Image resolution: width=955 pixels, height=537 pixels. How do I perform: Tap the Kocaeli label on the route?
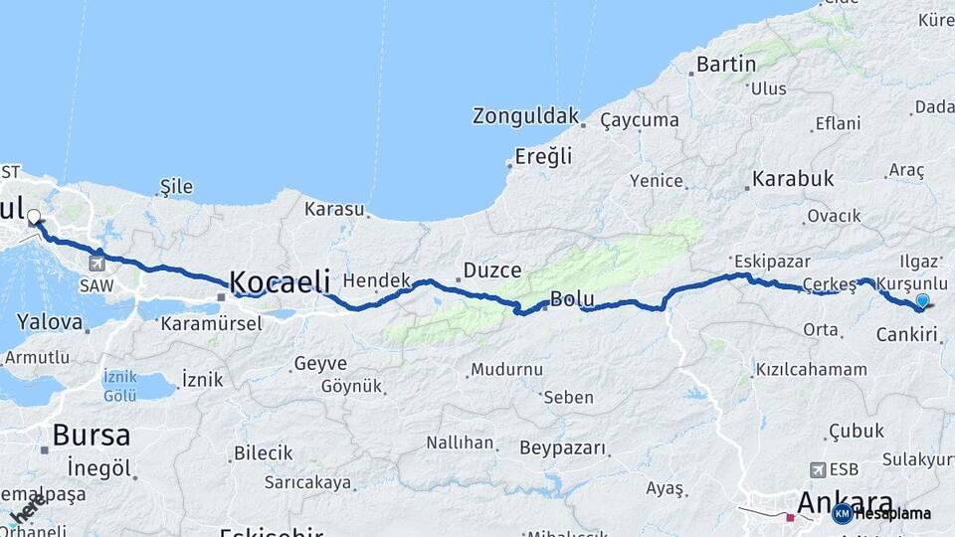pos(280,281)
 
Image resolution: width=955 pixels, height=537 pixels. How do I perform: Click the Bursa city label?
pos(91,435)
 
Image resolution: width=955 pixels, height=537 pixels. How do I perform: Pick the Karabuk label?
pos(793,179)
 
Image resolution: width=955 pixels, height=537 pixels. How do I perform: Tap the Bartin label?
pos(726,65)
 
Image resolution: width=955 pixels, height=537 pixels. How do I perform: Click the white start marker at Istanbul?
pos(34,217)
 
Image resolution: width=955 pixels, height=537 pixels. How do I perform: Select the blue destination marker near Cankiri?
pos(922,301)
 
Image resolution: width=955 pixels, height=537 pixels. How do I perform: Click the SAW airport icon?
pos(96,264)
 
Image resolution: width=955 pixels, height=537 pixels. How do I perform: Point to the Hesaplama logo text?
pos(892,514)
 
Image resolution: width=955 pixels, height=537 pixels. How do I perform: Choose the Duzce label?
pos(491,270)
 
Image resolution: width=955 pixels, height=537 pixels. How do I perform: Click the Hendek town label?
pos(376,281)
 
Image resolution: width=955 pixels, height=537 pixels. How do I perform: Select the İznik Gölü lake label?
pos(119,386)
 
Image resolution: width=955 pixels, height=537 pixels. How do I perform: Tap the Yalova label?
pos(50,322)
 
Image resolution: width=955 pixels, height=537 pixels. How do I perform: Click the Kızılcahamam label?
pos(811,369)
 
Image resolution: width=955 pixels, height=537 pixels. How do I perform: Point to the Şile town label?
pos(176,187)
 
